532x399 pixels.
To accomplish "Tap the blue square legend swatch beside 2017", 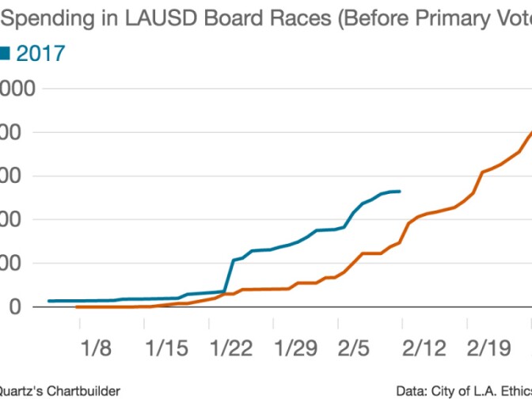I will coord(4,54).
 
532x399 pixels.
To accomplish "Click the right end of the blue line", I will coord(401,191).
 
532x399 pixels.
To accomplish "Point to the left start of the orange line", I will coord(77,306).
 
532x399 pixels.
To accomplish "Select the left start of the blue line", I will coord(49,301).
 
